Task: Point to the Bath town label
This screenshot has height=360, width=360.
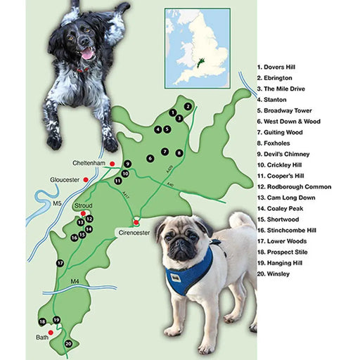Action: point(44,338)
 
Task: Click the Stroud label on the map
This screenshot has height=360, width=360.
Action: point(82,205)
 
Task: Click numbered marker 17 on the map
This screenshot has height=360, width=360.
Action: point(61,262)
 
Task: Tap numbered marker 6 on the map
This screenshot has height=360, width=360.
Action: point(150,158)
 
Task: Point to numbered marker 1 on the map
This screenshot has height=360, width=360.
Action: point(172,112)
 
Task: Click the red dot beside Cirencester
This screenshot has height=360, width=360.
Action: point(136,222)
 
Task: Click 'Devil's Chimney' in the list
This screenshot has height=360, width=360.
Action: point(286,154)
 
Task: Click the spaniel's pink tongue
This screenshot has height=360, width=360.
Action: point(86,53)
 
